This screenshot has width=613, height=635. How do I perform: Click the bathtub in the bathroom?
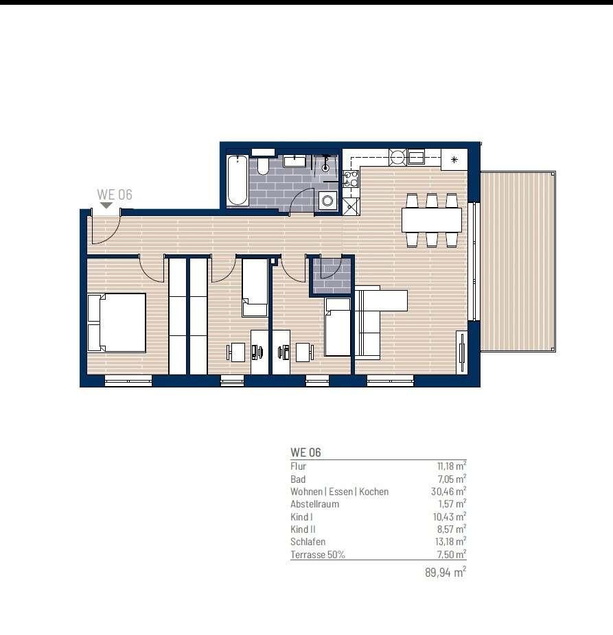coord(238,180)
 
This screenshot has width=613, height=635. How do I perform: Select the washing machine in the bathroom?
coord(327,200)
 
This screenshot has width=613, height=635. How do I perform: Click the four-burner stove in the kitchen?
coord(351,178)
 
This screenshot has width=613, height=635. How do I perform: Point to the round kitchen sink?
coord(397,156)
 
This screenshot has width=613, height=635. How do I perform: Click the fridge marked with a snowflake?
coord(454,159)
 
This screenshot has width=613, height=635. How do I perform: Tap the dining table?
coord(431,220)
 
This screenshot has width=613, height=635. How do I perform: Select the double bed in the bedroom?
coord(117,323)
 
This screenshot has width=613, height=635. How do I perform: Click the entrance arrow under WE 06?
coord(106,206)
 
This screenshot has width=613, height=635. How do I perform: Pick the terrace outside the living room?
coord(518,261)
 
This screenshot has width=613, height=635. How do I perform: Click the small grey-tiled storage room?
coord(332,276)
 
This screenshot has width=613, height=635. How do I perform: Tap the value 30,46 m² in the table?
coord(448,492)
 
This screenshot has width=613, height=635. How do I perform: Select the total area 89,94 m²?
coord(446,572)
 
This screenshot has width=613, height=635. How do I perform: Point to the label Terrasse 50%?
coord(317,554)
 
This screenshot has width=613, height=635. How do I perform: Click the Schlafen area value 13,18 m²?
coord(449,542)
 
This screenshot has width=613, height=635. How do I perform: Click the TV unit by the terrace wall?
coord(461,352)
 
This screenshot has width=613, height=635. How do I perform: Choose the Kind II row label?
coord(303,529)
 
